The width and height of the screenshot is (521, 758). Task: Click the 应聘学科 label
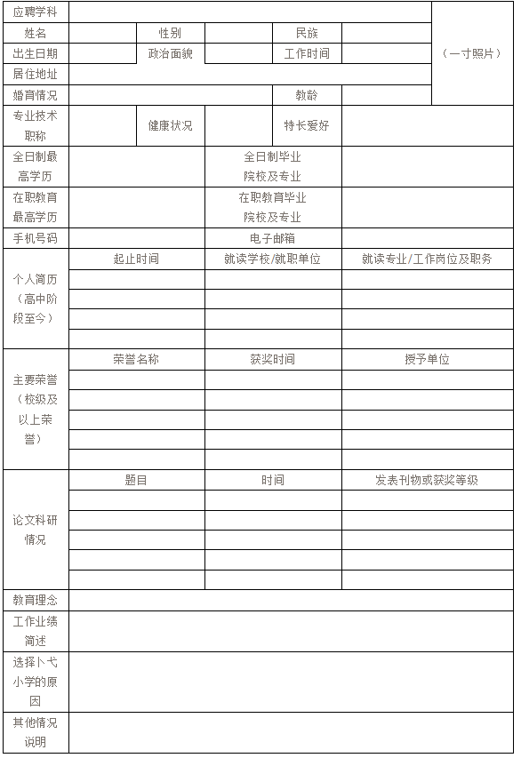tap(36, 12)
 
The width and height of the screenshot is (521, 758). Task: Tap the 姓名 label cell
tap(36, 33)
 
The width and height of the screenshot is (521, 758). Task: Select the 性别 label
tap(170, 33)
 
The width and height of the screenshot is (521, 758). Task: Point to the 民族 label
tap(307, 33)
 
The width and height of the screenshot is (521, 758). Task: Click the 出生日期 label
tap(36, 53)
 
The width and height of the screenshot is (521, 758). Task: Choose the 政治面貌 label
tap(170, 53)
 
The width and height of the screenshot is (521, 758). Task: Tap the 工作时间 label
tap(307, 53)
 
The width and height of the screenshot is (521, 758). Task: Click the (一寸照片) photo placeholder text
tap(471, 53)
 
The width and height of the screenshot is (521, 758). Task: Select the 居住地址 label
tap(36, 74)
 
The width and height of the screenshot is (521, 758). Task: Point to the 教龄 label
tap(307, 95)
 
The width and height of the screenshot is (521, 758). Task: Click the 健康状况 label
tap(170, 125)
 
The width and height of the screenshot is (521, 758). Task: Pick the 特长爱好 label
tap(307, 125)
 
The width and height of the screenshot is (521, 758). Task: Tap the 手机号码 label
tap(36, 238)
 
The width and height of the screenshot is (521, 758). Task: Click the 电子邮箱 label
tap(273, 238)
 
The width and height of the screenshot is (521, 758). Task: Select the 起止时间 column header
tap(136, 259)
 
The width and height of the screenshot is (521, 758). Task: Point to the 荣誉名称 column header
tap(136, 359)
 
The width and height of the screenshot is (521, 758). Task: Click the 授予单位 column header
tap(427, 359)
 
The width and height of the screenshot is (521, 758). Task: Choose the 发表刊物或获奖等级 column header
tap(427, 480)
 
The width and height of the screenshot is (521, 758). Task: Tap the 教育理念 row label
tap(36, 601)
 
